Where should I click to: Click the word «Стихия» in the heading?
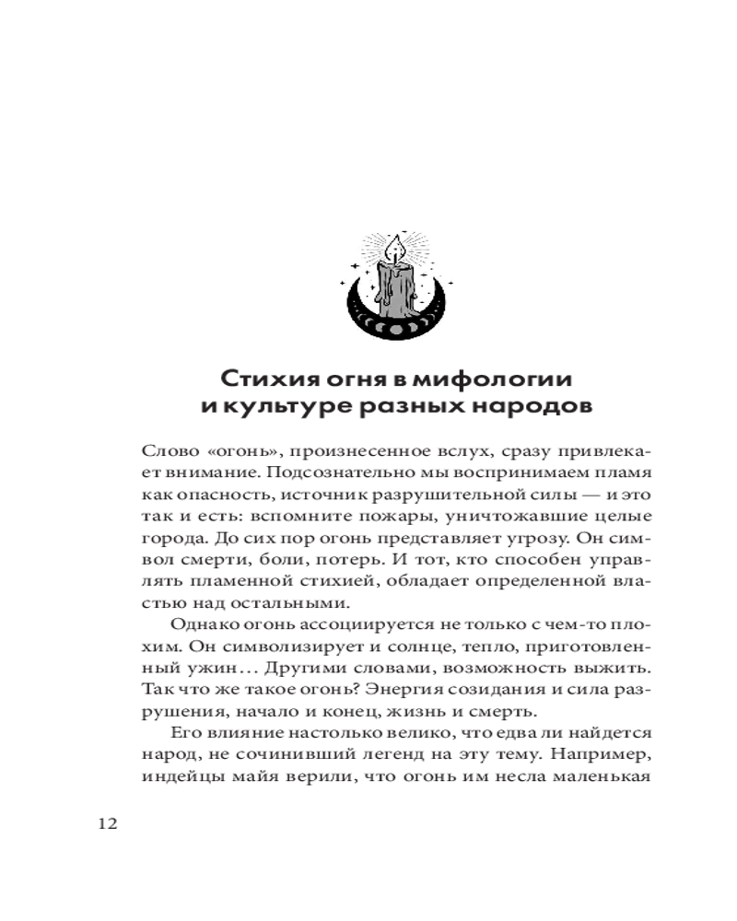click(268, 379)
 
